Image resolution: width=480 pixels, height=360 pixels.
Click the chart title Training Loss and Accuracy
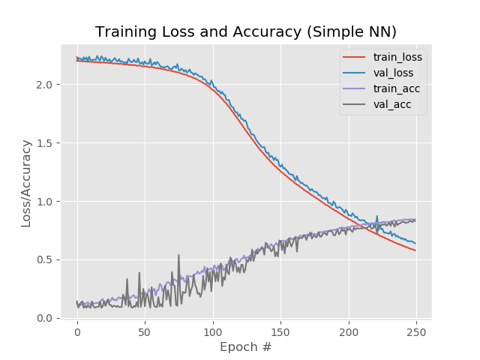[246, 31]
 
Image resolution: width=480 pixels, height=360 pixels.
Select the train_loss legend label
[397, 56]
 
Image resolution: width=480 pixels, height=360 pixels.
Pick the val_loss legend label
[394, 73]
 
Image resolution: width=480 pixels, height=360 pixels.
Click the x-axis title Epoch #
[246, 347]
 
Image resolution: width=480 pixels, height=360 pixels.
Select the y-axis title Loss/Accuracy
[26, 183]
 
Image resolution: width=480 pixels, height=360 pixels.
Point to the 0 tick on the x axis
[76, 330]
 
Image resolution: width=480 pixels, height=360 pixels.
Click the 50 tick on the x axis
[145, 330]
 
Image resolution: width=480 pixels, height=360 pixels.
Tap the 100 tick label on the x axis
[213, 330]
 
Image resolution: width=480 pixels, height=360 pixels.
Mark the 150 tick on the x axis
[280, 330]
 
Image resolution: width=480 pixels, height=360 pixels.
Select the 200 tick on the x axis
[349, 330]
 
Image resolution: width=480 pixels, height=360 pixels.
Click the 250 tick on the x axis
[416, 330]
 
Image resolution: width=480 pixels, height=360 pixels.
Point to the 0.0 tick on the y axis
[45, 319]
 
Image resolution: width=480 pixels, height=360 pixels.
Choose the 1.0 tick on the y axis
[45, 202]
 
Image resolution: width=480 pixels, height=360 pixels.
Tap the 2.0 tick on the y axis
[45, 85]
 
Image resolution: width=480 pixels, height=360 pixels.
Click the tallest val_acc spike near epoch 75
[178, 256]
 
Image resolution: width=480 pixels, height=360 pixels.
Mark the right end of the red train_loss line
[415, 250]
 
